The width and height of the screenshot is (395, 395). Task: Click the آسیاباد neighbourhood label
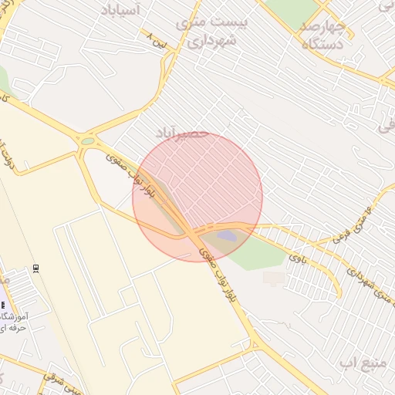click(x=123, y=11)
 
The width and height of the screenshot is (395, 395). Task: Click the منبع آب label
click(x=358, y=362)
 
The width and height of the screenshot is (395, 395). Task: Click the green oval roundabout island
click(x=88, y=141)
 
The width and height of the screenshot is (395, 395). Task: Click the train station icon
click(x=36, y=268)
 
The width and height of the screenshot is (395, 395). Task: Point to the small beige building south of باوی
click(x=273, y=277)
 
